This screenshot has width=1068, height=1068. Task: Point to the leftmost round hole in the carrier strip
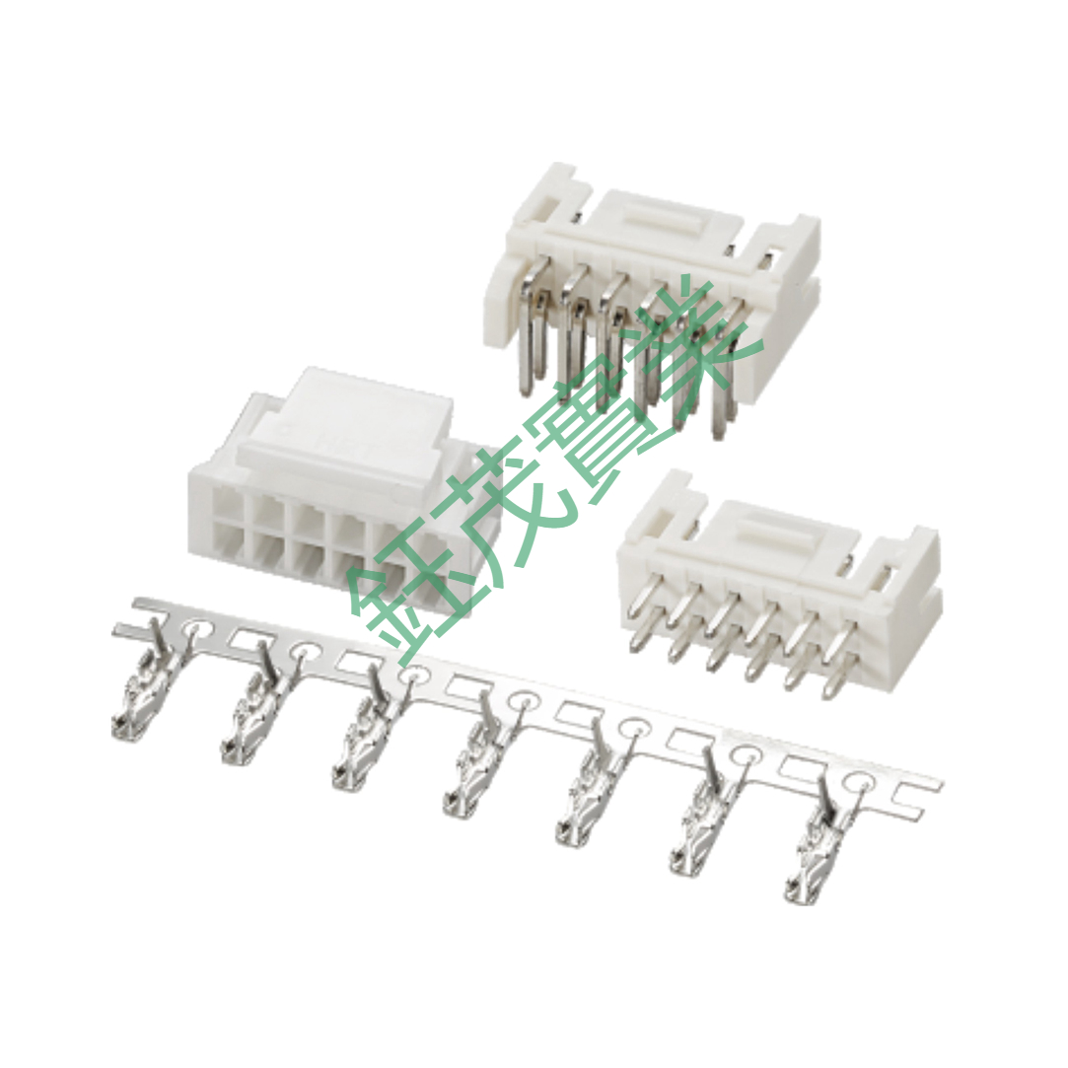pyautogui.click(x=197, y=631)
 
